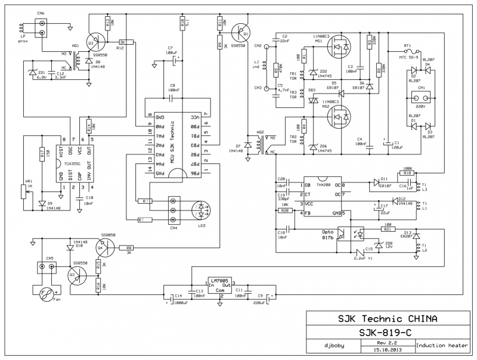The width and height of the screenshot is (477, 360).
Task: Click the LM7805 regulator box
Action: coord(220,285)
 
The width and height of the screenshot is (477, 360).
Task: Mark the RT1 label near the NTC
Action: coord(408,45)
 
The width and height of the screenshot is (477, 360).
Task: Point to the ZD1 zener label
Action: coord(41,72)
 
